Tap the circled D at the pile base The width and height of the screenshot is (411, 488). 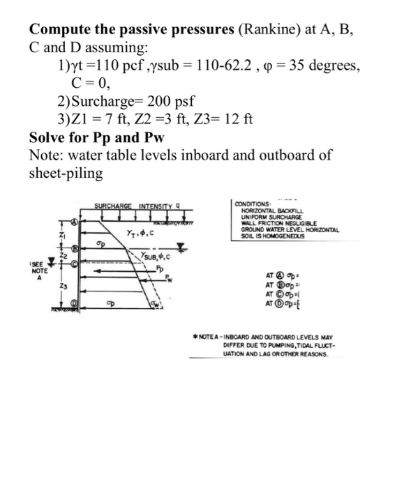click(x=73, y=303)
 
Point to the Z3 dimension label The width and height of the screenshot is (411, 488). click(x=61, y=285)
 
